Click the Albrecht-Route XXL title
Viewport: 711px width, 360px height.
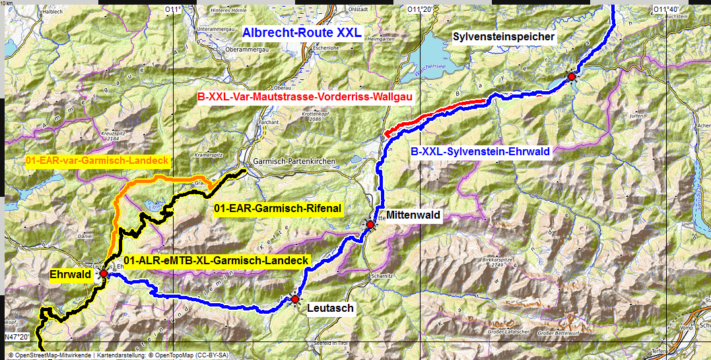(x=302, y=33)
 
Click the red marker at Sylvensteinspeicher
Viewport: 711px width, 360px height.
(x=571, y=77)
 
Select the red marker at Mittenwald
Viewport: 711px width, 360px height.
(x=370, y=225)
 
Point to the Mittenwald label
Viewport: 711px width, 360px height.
(x=413, y=215)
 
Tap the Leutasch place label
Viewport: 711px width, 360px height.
(x=331, y=308)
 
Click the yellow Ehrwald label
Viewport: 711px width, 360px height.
(x=70, y=274)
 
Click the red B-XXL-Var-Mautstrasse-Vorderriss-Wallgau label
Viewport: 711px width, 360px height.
(x=305, y=97)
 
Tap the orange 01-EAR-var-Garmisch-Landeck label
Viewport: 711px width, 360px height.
(x=97, y=160)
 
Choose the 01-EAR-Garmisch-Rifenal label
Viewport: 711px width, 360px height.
(x=278, y=209)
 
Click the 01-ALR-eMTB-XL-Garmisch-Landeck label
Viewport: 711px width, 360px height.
(x=216, y=260)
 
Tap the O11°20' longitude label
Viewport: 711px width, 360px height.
(x=420, y=9)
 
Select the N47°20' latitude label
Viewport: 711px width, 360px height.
(x=18, y=337)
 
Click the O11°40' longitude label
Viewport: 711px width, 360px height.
(x=665, y=9)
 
